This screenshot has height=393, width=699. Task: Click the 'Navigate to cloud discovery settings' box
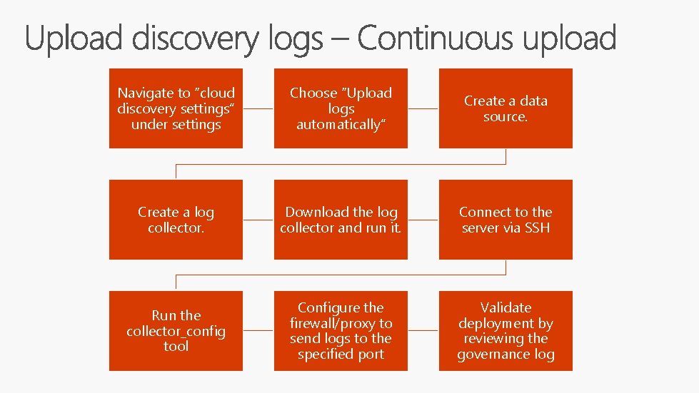click(x=176, y=108)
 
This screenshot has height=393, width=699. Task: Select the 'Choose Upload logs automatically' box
click(x=341, y=108)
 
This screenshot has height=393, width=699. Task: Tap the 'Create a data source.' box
click(x=506, y=108)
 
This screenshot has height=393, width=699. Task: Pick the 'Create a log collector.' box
click(x=176, y=220)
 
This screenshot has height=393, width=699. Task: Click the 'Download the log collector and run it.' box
click(x=341, y=220)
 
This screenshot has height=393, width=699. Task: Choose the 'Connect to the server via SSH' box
click(x=506, y=220)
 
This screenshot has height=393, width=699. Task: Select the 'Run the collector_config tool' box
click(x=176, y=331)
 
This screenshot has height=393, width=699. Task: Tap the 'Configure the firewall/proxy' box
click(x=341, y=331)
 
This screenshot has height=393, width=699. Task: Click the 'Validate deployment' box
click(x=506, y=331)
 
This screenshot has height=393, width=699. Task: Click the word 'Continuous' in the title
click(x=433, y=39)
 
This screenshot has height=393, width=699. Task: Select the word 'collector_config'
click(x=176, y=331)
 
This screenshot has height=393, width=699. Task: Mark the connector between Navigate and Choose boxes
click(x=258, y=109)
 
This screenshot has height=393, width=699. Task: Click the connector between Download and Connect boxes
click(x=423, y=220)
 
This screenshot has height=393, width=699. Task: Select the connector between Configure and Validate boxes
click(x=423, y=331)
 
